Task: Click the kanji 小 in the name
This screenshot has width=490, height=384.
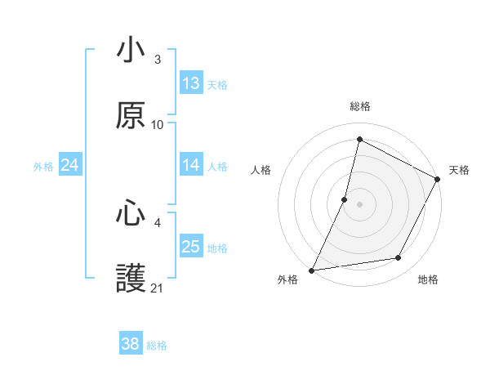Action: (x=131, y=51)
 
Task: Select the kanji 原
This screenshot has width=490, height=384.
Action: (x=131, y=115)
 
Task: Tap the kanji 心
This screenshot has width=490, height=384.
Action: (x=131, y=214)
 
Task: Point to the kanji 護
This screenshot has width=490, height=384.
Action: (x=131, y=279)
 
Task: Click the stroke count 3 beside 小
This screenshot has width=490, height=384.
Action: (x=158, y=60)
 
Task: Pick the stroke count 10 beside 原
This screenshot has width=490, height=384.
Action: (x=158, y=124)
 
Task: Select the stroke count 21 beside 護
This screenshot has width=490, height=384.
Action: (x=158, y=288)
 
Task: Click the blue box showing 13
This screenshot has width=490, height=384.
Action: (x=191, y=83)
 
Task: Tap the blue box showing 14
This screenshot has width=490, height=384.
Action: (x=191, y=165)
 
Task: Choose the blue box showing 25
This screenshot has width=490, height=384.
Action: (x=191, y=247)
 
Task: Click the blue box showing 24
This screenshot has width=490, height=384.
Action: (x=70, y=165)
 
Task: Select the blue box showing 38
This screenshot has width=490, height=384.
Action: (x=131, y=344)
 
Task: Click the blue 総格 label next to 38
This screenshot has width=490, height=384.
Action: (x=158, y=346)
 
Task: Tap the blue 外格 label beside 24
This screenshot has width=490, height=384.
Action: (x=43, y=167)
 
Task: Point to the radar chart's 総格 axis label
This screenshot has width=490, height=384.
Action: (x=360, y=106)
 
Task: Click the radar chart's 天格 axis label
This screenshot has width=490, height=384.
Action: (x=459, y=170)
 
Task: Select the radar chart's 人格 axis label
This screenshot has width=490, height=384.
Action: (x=261, y=170)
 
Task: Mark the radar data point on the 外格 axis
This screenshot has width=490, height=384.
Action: (x=311, y=270)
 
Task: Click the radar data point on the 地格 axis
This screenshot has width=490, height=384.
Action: (x=399, y=258)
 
